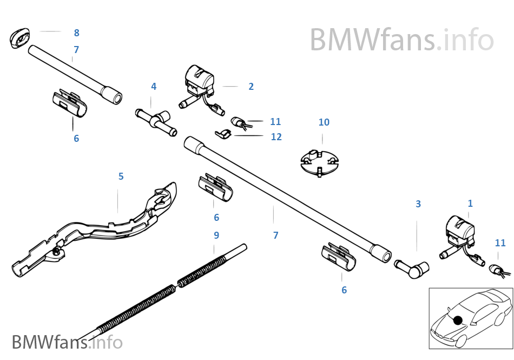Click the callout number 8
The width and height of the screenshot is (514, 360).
click(76, 33)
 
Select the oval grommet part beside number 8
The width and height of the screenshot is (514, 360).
click(19, 38)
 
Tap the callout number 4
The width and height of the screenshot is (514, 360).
click(154, 87)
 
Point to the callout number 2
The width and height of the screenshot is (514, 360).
click(251, 87)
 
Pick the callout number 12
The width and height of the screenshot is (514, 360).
click(276, 137)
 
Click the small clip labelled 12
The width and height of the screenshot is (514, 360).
click(223, 133)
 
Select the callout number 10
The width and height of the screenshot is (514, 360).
click(324, 122)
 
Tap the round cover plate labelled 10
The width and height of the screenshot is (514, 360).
click(320, 162)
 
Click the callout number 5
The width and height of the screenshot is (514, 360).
click(121, 176)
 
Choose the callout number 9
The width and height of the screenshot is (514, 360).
click(216, 235)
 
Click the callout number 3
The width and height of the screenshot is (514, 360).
click(418, 204)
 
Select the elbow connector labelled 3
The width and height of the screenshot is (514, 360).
click(412, 268)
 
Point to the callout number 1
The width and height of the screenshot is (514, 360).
click(470, 204)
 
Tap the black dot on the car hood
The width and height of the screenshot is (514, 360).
click(458, 320)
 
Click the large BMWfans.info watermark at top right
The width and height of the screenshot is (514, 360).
click(401, 40)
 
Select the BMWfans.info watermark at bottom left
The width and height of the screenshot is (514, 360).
click(67, 342)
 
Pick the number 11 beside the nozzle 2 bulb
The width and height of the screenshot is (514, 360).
click(275, 122)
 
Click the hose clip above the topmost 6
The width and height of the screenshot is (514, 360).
click(69, 103)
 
